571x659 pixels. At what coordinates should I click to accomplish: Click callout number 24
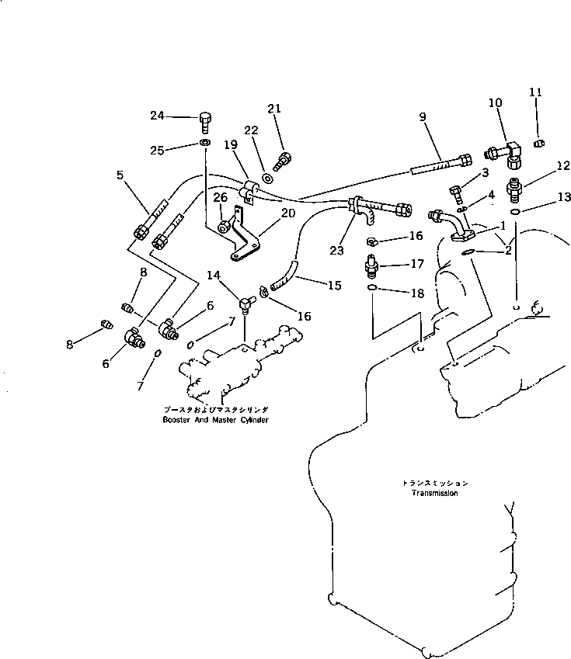pos(158,116)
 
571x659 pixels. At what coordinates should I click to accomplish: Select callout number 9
pos(423,117)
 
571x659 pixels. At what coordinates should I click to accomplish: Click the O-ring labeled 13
pos(515,210)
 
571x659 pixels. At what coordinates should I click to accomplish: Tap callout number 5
pos(120,175)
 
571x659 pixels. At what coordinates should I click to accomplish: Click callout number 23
pos(336,250)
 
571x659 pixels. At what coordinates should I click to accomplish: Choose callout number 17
pos(416,264)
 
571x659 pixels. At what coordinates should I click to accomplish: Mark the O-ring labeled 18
pos(373,290)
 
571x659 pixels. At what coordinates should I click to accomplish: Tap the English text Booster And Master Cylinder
pos(215,420)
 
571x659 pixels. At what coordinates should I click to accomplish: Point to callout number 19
pos(230,144)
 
